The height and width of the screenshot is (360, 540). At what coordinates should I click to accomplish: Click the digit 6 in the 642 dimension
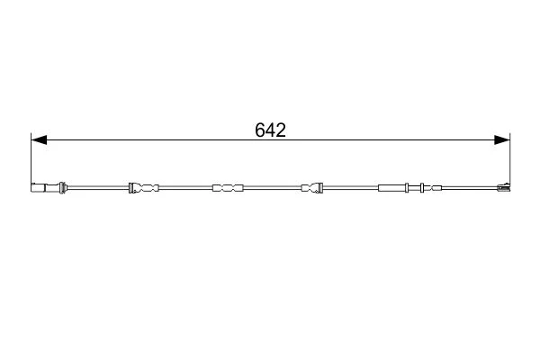coord(260,130)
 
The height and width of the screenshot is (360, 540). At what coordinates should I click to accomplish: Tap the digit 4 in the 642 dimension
coord(270,130)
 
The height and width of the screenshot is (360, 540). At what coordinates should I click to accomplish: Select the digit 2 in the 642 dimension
coord(281,130)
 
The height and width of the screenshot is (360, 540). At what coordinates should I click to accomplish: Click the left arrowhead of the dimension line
coord(39,139)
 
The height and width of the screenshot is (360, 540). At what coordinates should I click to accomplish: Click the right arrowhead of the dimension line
coord(502,139)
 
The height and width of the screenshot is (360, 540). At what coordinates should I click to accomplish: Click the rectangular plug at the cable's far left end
coord(38,188)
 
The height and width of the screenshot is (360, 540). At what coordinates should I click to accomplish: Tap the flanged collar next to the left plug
coord(62,188)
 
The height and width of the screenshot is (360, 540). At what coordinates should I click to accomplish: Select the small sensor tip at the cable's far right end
coord(503,187)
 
